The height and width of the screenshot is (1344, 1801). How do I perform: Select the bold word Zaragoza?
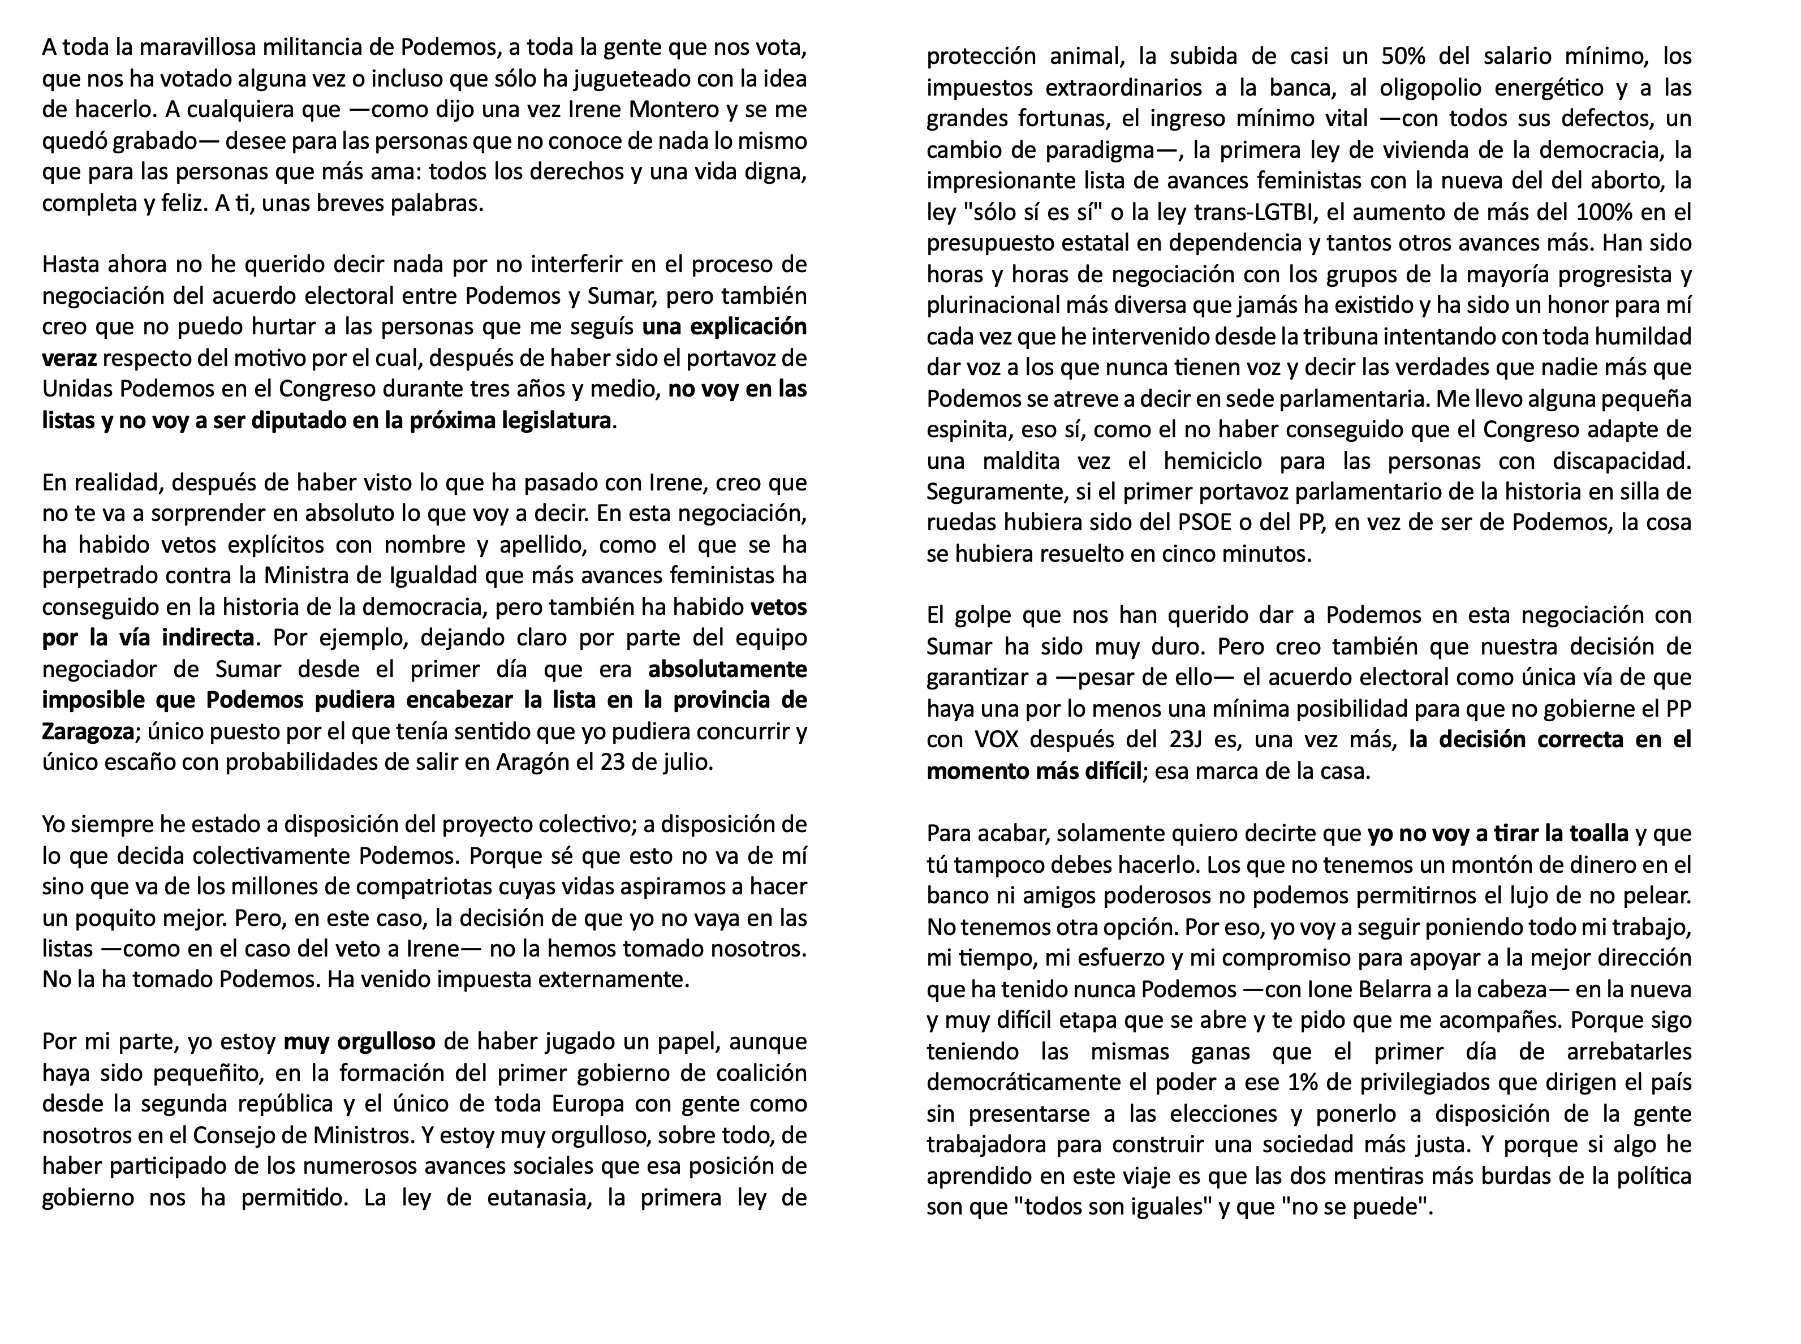[88, 731]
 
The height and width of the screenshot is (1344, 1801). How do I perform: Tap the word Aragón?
[528, 763]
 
